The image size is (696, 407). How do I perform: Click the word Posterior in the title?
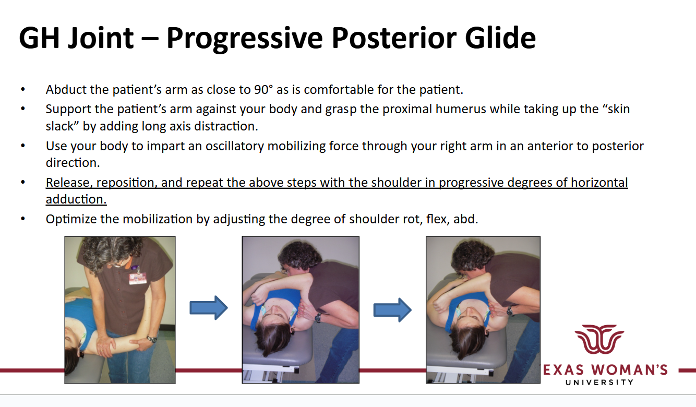coord(394,38)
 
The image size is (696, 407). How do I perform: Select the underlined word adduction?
coord(76,199)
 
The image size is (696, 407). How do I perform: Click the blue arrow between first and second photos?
coord(209,307)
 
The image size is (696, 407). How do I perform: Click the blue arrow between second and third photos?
coord(392,310)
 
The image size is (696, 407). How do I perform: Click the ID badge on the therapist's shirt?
coord(138,278)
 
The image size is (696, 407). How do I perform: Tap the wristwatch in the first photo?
coord(152,339)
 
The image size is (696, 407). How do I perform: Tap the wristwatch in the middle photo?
coord(318,318)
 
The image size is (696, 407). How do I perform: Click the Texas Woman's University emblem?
coord(599,339)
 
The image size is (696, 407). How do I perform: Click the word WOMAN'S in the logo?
coord(629,370)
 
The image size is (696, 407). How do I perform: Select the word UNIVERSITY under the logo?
coord(599,382)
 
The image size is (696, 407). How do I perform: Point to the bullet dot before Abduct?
coord(22,89)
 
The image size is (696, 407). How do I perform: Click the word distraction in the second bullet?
coord(226,126)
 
